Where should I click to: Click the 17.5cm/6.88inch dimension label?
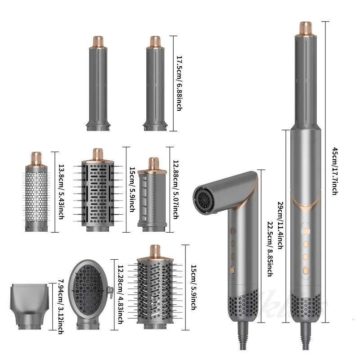point(179,84)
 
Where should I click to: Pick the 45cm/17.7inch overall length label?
point(334,171)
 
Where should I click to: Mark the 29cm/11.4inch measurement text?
point(279,225)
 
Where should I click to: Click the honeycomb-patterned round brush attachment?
point(35,193)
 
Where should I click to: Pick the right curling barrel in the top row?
point(156,85)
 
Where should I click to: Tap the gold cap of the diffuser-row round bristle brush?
point(154,250)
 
